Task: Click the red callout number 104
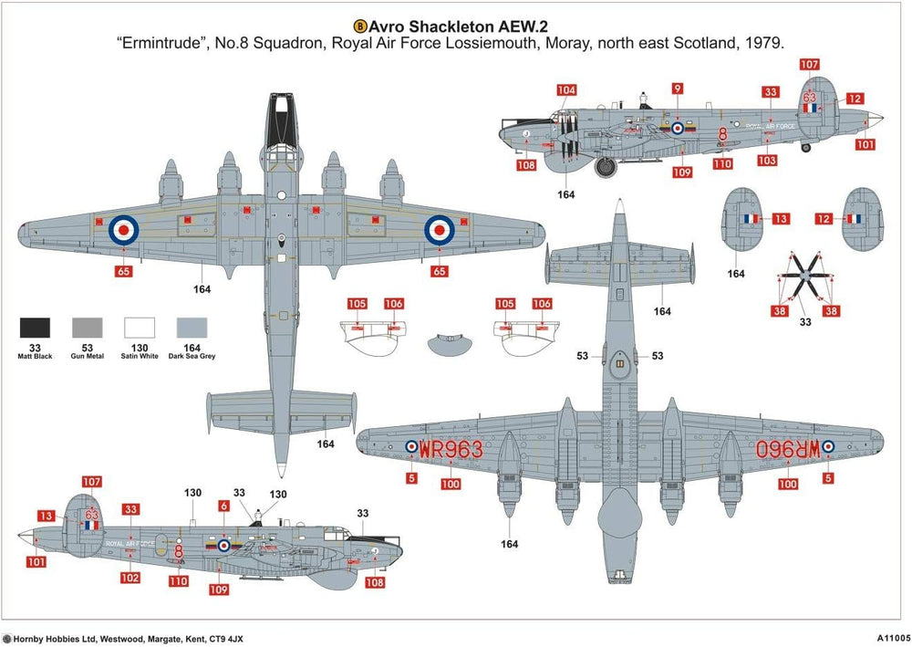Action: click(567, 90)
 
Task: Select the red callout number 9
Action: click(677, 89)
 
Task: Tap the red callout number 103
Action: click(767, 161)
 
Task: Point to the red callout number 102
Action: click(130, 578)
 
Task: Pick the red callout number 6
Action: click(223, 506)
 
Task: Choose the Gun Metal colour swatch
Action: click(88, 328)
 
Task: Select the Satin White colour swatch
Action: click(140, 328)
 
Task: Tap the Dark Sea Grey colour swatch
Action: click(192, 328)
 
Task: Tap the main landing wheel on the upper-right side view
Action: click(606, 167)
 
